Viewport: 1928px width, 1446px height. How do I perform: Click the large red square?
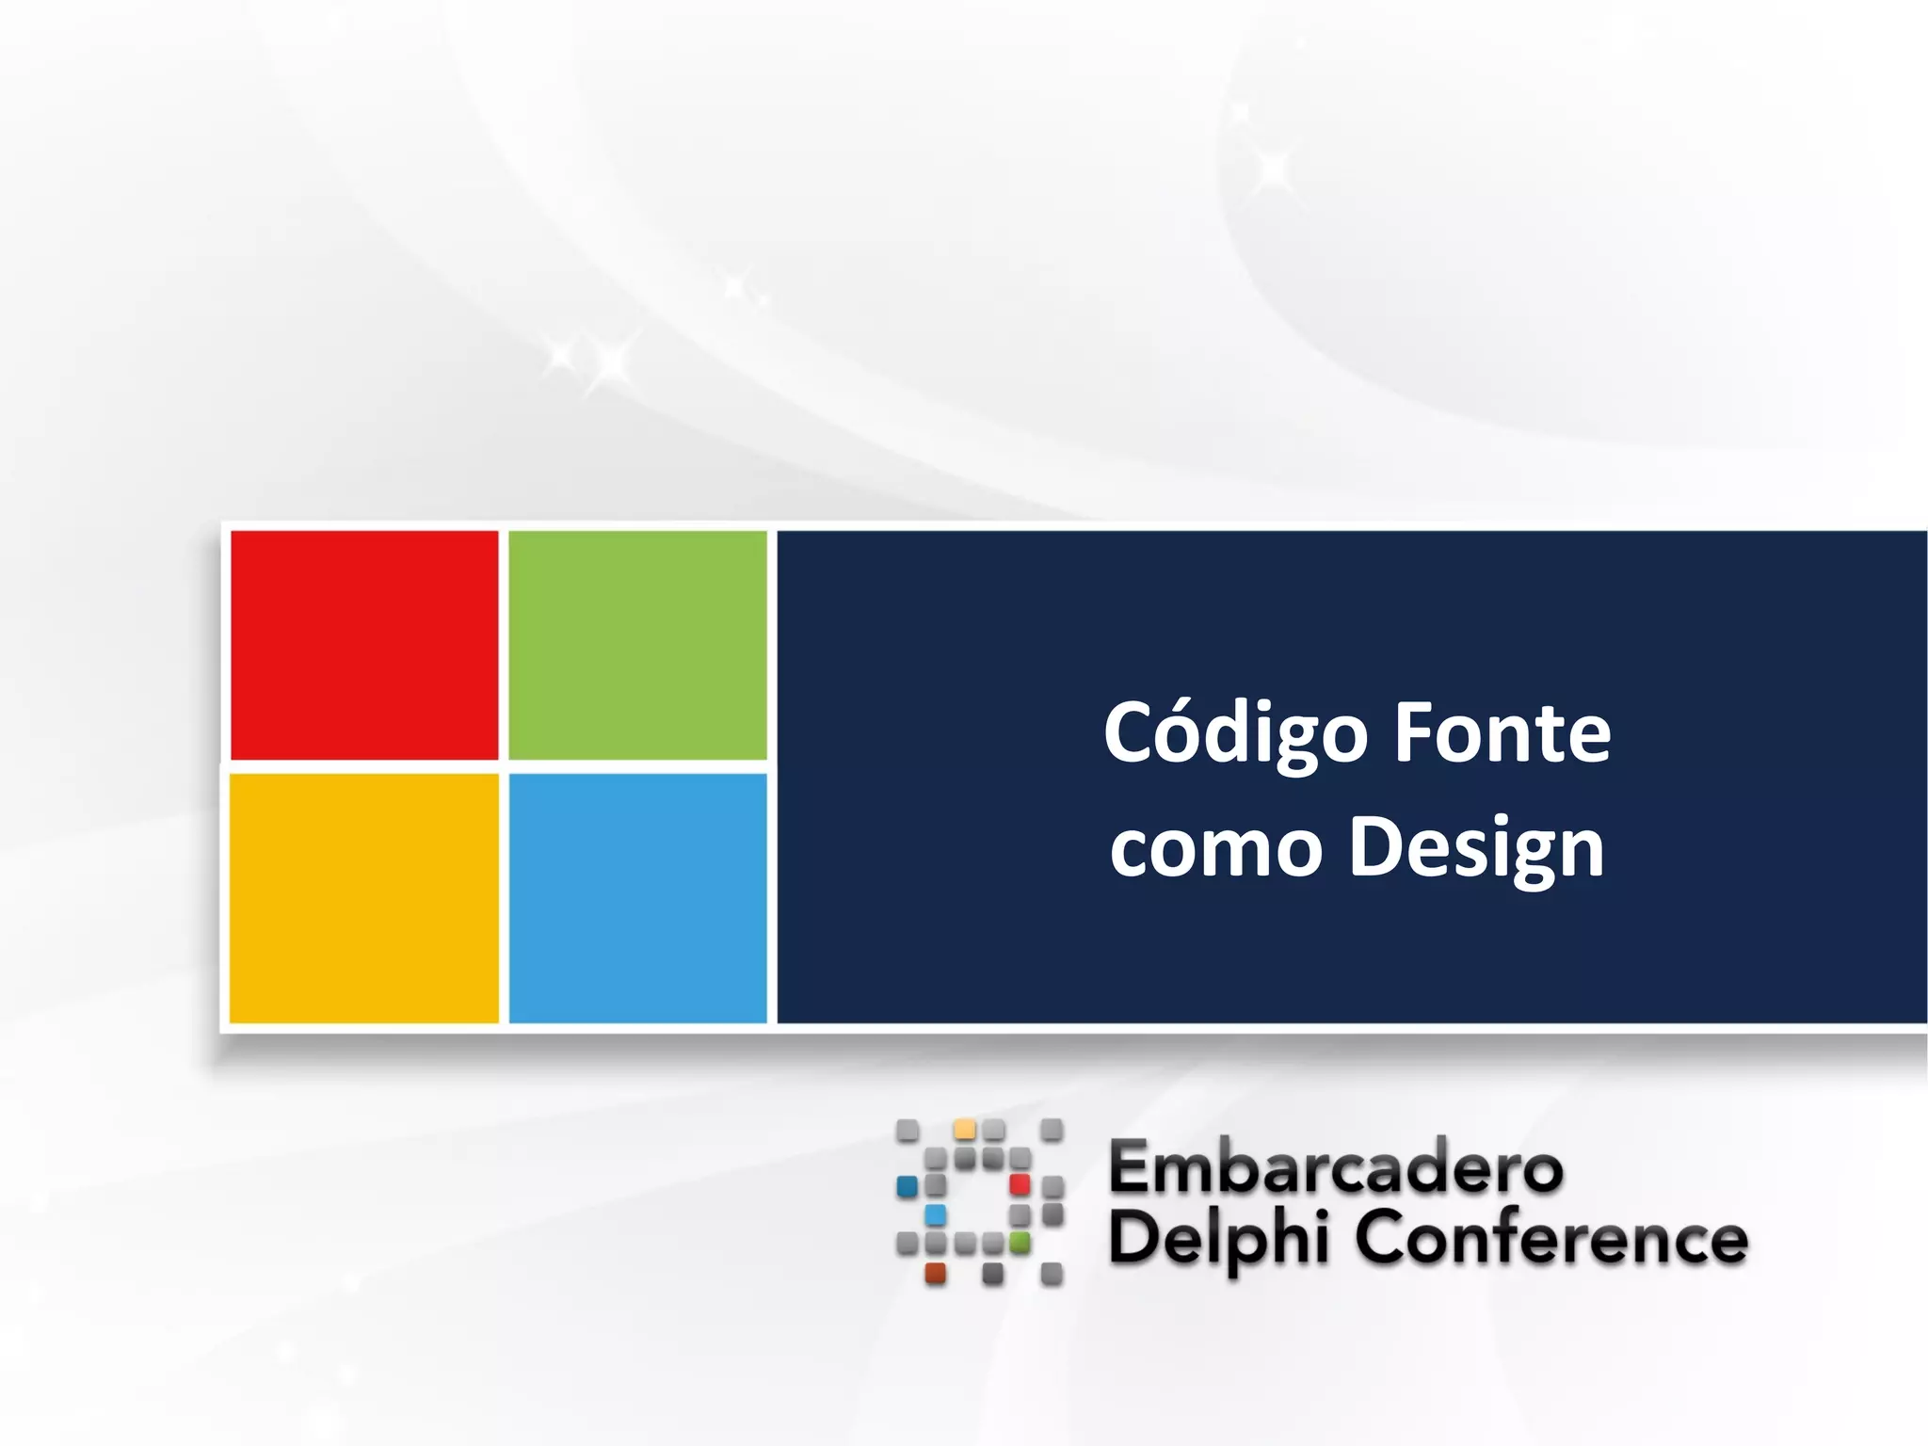[364, 645]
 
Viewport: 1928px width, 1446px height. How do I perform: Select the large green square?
[637, 645]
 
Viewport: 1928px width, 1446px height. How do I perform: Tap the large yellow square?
[364, 897]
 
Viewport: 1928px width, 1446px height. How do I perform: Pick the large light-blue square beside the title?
[637, 897]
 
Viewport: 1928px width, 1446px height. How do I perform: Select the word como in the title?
[1216, 847]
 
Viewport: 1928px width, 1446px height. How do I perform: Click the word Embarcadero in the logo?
[1336, 1167]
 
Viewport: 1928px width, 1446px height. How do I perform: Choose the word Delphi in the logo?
[1219, 1239]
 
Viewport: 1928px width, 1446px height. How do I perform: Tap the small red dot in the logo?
[1020, 1183]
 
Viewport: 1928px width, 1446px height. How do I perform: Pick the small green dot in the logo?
[1020, 1243]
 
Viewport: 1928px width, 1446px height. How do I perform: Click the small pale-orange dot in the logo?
[965, 1129]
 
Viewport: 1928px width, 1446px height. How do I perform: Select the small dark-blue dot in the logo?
[908, 1185]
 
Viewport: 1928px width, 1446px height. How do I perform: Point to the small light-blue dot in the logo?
[936, 1214]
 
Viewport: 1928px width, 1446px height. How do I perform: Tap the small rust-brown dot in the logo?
[936, 1273]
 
